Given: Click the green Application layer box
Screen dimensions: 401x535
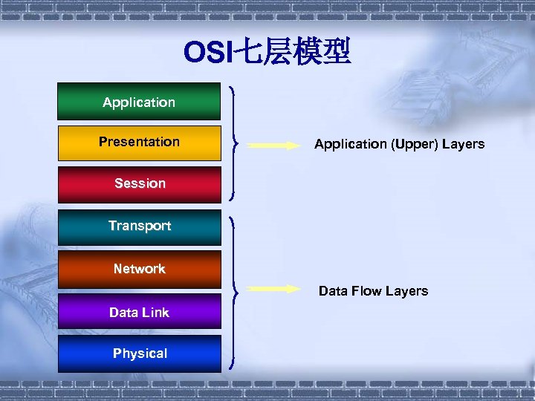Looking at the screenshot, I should click(x=139, y=102).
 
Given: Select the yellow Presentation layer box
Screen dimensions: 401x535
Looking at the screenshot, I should click(x=139, y=142).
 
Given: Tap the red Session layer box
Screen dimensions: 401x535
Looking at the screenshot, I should click(x=139, y=183).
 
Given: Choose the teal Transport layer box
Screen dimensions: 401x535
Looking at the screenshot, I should click(x=139, y=226).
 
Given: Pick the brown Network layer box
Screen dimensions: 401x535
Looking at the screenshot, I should click(x=139, y=269).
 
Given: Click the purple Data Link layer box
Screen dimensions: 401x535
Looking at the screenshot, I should click(x=139, y=312).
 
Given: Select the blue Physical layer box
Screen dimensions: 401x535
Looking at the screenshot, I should click(x=139, y=353).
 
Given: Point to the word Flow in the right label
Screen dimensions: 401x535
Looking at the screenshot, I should click(x=363, y=291).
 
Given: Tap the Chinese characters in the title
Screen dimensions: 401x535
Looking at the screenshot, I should click(x=293, y=53).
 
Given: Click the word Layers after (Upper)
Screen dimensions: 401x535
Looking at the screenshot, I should click(x=464, y=144).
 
